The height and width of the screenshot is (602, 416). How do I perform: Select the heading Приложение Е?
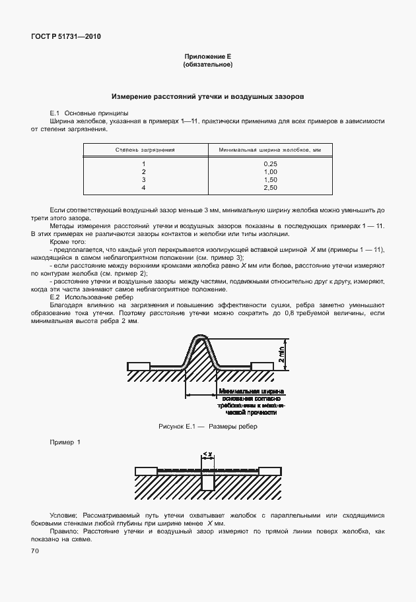[207, 58]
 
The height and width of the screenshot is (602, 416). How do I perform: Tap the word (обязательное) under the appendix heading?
[207, 65]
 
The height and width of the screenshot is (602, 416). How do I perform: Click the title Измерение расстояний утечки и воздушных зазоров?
[207, 96]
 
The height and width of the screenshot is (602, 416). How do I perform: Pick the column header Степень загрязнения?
[145, 150]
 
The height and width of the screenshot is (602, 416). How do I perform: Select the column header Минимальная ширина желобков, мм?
[269, 150]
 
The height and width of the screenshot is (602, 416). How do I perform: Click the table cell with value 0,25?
[269, 164]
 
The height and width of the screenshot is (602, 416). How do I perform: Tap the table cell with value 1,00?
[269, 171]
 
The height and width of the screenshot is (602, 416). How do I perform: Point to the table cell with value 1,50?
[269, 179]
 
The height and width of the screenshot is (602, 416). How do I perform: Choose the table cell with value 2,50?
[269, 188]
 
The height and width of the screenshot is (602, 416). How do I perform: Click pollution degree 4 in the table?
[144, 188]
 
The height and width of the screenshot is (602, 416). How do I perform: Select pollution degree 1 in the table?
[144, 164]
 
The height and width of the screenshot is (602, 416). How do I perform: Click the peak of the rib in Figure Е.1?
[202, 338]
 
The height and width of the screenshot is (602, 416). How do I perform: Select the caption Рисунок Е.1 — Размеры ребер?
[207, 426]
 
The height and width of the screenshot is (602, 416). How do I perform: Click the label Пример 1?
[65, 442]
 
